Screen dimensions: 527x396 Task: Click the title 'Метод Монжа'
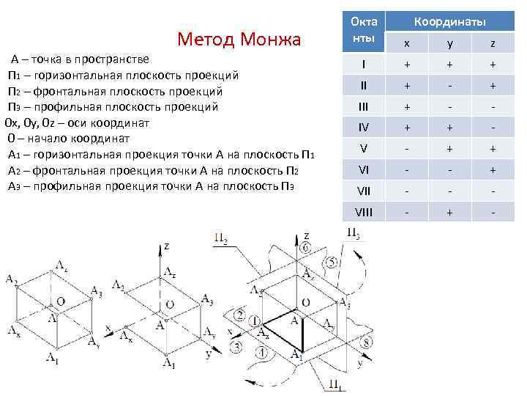(x=239, y=39)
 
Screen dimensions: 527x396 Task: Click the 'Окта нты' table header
(x=364, y=32)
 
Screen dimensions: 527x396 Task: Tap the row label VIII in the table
(x=364, y=213)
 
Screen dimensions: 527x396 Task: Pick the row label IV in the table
(x=364, y=128)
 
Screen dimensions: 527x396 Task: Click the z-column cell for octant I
(x=493, y=65)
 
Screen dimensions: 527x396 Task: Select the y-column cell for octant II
(x=450, y=86)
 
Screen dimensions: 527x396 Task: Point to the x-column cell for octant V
(x=407, y=149)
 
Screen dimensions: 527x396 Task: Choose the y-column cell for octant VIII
(x=450, y=213)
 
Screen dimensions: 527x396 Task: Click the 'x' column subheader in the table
(x=407, y=44)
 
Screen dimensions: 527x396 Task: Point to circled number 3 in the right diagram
(x=236, y=346)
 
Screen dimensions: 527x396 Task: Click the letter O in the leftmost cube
(x=61, y=301)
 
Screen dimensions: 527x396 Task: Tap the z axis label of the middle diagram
(x=166, y=248)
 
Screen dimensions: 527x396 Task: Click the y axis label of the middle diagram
(x=209, y=353)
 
